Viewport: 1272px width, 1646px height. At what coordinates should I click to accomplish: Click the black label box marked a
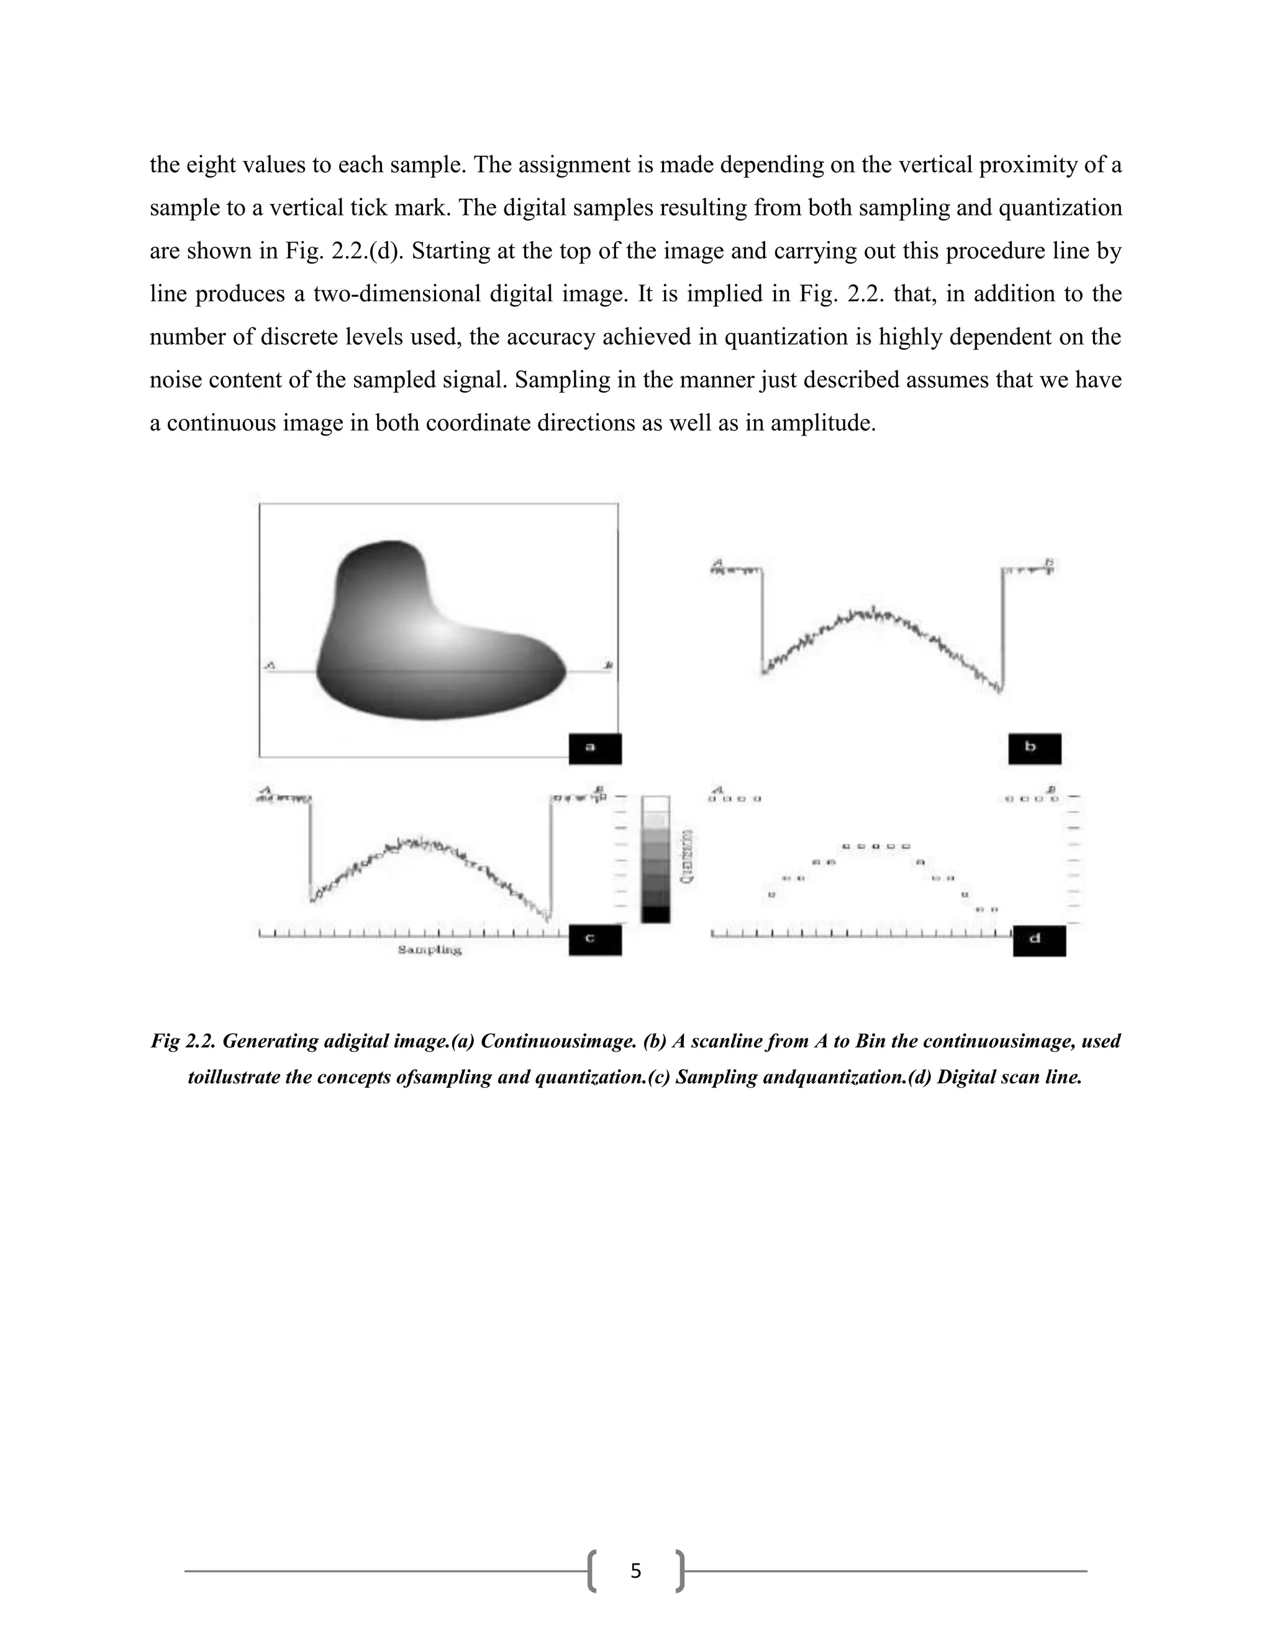(x=594, y=748)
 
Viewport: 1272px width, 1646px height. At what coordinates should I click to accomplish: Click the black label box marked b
(x=1035, y=748)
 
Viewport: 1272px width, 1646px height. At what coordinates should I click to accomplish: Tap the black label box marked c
(x=594, y=940)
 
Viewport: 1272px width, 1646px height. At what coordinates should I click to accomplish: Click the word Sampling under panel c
(x=430, y=950)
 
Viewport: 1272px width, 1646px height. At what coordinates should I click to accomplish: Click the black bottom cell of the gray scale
(x=655, y=914)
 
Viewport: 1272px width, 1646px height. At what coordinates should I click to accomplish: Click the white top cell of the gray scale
(x=655, y=803)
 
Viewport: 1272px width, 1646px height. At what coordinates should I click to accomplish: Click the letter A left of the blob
(x=270, y=665)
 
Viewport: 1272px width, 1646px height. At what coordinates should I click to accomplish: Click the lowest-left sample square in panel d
(x=771, y=894)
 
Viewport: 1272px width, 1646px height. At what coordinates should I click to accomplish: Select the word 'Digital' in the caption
(x=965, y=1077)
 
